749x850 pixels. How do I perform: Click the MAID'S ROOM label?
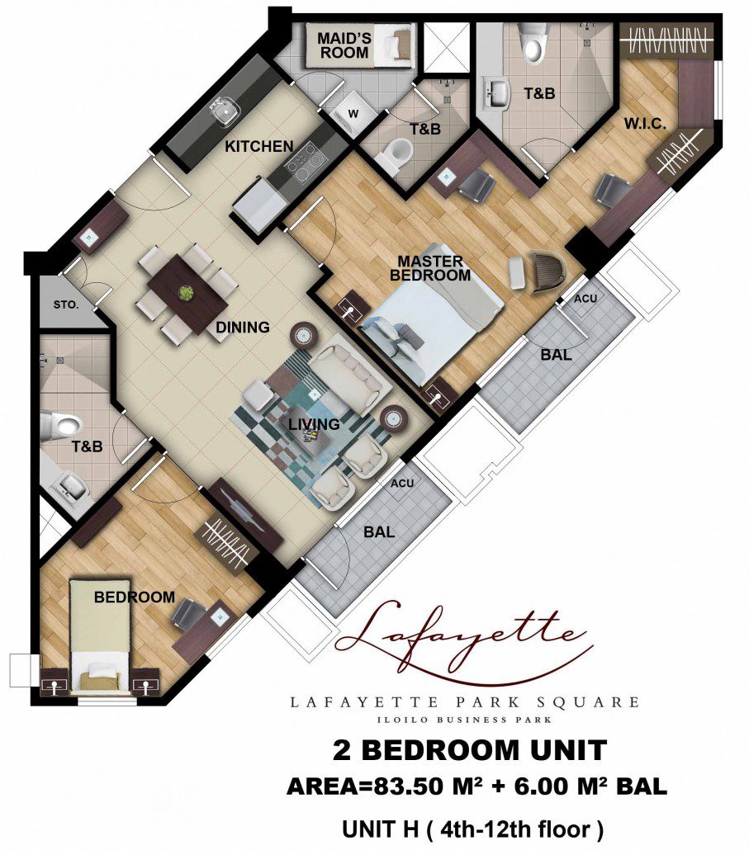pyautogui.click(x=344, y=45)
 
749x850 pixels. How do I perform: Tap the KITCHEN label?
pyautogui.click(x=258, y=146)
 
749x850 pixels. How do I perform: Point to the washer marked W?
pyautogui.click(x=353, y=115)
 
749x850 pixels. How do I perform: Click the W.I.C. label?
pyautogui.click(x=644, y=124)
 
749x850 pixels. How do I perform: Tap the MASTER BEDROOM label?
pyautogui.click(x=430, y=268)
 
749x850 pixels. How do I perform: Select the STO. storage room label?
pyautogui.click(x=65, y=305)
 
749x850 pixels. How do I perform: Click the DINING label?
pyautogui.click(x=243, y=327)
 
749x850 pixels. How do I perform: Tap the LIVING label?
pyautogui.click(x=314, y=424)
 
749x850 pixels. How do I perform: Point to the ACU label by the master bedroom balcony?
pyautogui.click(x=585, y=299)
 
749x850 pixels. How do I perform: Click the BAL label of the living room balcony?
pyautogui.click(x=378, y=531)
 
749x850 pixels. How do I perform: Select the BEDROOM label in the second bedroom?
pyautogui.click(x=135, y=597)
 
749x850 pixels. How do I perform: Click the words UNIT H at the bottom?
pyautogui.click(x=380, y=829)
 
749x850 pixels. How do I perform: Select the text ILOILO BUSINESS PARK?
pyautogui.click(x=464, y=720)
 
